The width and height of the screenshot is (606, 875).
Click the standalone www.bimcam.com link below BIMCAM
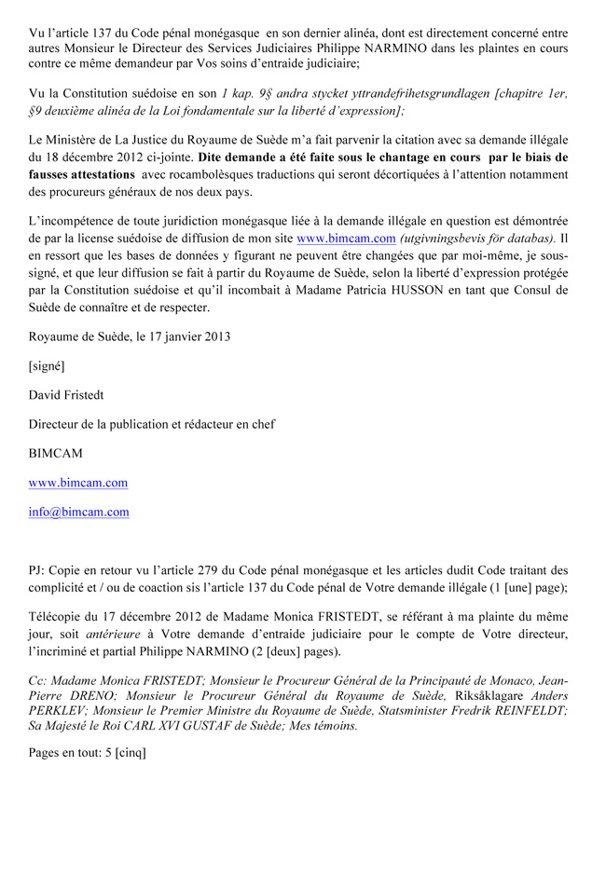[x=78, y=483]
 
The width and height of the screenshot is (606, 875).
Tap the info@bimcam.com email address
[x=79, y=512]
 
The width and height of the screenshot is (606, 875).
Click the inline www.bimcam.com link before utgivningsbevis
[x=345, y=239]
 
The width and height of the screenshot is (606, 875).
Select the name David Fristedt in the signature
[x=69, y=395]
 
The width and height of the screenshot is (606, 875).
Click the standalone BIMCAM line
[x=55, y=454]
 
